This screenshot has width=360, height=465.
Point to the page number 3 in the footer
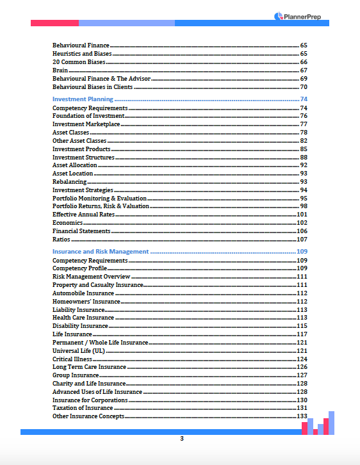(181, 439)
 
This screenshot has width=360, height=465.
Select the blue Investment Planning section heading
(83, 99)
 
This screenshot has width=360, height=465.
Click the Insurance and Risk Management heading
(101, 252)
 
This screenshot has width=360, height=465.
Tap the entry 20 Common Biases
(78, 62)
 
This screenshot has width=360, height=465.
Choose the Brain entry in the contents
(60, 70)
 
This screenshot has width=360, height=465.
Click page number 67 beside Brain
(304, 70)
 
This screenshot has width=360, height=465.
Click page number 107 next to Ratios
(302, 240)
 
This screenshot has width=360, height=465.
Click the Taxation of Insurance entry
(83, 408)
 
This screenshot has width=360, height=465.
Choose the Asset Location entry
(72, 174)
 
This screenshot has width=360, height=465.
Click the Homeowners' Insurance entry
(86, 302)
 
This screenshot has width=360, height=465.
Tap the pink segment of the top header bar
(54, 23)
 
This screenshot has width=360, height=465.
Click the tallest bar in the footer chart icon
(331, 423)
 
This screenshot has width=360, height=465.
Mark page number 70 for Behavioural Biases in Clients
(304, 86)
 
